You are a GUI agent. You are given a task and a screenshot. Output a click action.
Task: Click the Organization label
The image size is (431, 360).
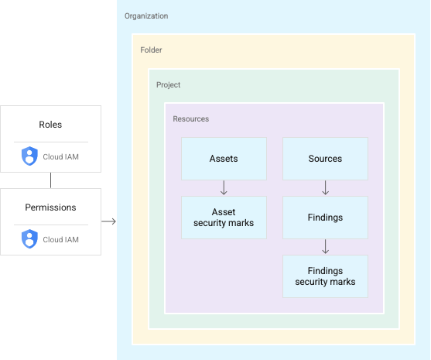pos(146,16)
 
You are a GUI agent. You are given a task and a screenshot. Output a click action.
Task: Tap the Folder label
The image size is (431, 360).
pos(151,50)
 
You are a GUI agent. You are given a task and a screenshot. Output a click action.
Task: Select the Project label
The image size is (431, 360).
pos(168,85)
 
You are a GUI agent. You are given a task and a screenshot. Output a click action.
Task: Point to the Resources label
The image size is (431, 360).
pos(191,118)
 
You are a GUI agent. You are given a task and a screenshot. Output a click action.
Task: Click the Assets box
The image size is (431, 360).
pos(224,159)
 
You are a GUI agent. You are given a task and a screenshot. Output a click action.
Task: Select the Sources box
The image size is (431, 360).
pos(325,159)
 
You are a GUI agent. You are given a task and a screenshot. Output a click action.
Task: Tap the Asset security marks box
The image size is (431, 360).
pos(224,218)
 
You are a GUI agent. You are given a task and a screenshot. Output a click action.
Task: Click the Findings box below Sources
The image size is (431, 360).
pos(325,218)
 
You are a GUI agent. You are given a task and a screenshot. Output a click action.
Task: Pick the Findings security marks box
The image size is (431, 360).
pos(325,276)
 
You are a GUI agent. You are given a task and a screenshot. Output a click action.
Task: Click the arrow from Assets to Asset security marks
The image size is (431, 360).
pos(224,188)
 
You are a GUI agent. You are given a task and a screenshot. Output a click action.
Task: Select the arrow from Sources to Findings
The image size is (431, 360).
pos(326,188)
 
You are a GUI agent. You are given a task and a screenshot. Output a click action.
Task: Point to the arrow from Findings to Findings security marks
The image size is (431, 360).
pos(326,247)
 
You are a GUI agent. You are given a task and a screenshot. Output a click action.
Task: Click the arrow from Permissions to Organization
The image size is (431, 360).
pos(108,221)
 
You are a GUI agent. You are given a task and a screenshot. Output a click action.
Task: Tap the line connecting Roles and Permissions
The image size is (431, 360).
pos(50,180)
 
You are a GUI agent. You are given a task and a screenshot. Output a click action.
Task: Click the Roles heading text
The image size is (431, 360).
pos(50,125)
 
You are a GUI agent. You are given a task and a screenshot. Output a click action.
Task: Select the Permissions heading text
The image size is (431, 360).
pos(50,207)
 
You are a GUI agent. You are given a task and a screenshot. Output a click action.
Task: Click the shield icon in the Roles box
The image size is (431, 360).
pos(29,156)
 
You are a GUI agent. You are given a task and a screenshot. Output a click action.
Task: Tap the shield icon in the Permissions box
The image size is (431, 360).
pos(29,238)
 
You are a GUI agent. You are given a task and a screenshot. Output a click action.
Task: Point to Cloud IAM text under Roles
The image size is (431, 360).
pos(61,156)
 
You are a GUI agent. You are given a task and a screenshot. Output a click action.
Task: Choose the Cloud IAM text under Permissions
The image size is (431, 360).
pos(61,239)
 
